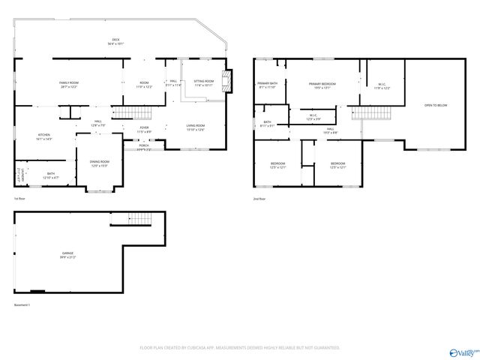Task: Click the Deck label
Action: point(116,42)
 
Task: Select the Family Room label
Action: point(69,84)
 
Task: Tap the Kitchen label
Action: point(44,136)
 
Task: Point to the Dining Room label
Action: point(100,163)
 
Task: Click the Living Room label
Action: point(195,127)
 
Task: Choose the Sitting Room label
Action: point(204,82)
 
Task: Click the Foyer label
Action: point(144,129)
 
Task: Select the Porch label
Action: point(143,147)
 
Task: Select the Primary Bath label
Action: point(268,85)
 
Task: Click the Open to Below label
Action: point(435,106)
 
